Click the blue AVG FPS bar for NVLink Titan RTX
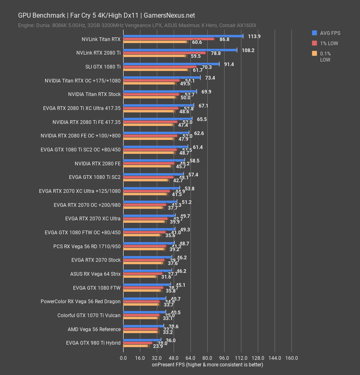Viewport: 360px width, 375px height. click(x=183, y=36)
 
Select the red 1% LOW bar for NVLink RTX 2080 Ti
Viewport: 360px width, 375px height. click(x=165, y=53)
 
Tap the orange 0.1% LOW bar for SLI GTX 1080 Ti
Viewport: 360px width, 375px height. click(x=156, y=70)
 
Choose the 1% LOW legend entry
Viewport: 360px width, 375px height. click(x=328, y=43)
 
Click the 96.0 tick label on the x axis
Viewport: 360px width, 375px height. click(x=224, y=358)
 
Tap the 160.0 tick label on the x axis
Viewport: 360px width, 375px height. click(x=291, y=358)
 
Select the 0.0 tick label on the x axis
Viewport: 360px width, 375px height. click(x=123, y=358)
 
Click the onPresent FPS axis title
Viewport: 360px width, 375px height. click(x=207, y=364)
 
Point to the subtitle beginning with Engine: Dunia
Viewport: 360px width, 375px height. click(x=137, y=25)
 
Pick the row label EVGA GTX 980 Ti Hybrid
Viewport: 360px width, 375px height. click(x=93, y=343)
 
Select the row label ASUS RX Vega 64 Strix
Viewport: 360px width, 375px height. click(x=95, y=274)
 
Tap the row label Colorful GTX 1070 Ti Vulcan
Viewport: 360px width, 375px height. click(x=89, y=315)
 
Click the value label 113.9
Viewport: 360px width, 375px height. click(x=255, y=37)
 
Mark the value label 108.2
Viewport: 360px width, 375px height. click(x=248, y=50)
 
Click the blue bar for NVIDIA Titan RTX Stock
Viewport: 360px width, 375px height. click(x=160, y=91)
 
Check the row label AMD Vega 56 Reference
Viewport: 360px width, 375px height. click(x=94, y=329)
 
